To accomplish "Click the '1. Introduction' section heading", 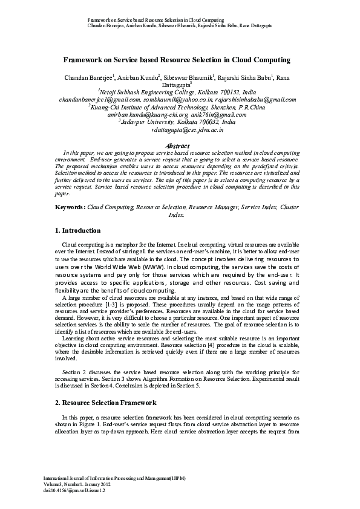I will coord(77,230).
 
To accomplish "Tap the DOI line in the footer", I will coord(79,491).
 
